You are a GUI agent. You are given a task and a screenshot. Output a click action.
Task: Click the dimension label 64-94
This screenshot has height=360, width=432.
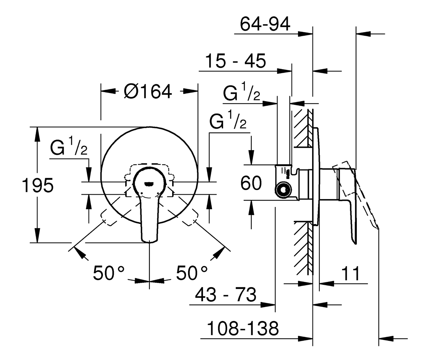pyautogui.click(x=265, y=24)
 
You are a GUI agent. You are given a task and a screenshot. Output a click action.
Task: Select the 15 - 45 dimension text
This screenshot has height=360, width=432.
pyautogui.click(x=235, y=61)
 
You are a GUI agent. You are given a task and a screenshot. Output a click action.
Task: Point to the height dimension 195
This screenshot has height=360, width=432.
pyautogui.click(x=38, y=185)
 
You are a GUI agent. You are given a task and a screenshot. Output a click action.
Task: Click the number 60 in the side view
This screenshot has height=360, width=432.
pyautogui.click(x=251, y=183)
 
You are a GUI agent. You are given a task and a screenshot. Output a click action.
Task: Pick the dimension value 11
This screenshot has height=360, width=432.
pyautogui.click(x=351, y=274)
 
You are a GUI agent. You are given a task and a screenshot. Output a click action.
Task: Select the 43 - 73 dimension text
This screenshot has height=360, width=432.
pyautogui.click(x=226, y=294)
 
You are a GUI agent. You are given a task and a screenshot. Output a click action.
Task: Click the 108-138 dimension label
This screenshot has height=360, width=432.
pyautogui.click(x=243, y=328)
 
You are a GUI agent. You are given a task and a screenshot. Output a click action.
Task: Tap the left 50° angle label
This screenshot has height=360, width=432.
pyautogui.click(x=109, y=273)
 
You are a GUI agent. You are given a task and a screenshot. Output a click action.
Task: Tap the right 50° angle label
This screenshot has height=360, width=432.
pyautogui.click(x=192, y=273)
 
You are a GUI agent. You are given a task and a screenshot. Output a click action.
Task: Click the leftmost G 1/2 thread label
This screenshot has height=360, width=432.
pyautogui.click(x=69, y=145)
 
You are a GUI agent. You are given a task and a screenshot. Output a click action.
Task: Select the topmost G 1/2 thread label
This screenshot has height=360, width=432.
pyautogui.click(x=242, y=91)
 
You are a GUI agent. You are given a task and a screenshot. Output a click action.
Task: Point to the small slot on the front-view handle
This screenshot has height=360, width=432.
pyautogui.click(x=149, y=184)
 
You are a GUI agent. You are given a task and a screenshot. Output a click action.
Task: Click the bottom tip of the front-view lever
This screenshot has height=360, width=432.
pyautogui.click(x=149, y=242)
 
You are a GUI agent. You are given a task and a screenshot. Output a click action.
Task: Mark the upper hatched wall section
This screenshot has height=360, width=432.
pyautogui.click(x=303, y=128)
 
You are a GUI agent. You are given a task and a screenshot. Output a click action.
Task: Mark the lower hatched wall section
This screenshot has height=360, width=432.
pyautogui.click(x=303, y=248)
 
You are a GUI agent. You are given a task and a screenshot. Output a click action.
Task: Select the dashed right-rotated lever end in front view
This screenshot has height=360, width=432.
pyautogui.click(x=189, y=217)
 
